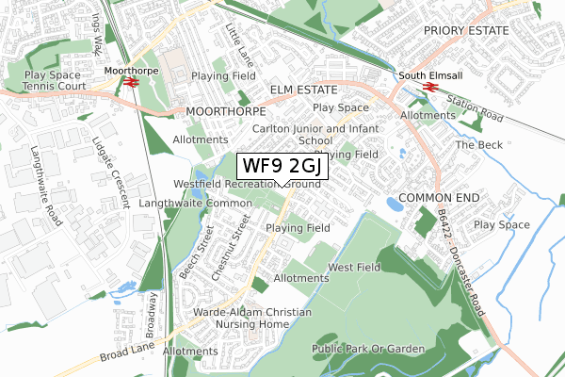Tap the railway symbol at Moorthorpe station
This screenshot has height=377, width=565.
(129, 82)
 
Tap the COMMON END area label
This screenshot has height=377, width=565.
(439, 198)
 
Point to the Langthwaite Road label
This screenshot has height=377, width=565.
(44, 173)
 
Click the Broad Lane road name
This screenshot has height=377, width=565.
(123, 351)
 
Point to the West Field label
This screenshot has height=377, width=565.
(354, 268)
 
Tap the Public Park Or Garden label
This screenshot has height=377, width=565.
(368, 349)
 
